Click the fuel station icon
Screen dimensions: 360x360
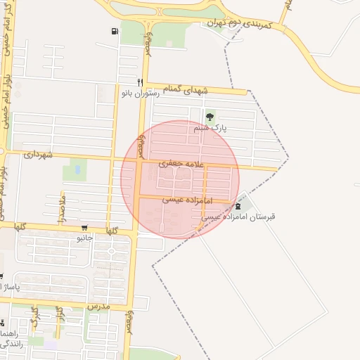pyautogui.click(x=115, y=31)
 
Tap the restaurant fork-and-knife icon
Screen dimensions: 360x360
pyautogui.click(x=141, y=82)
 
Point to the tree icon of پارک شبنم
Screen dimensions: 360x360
pyautogui.click(x=210, y=117)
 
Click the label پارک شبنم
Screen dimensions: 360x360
pyautogui.click(x=211, y=129)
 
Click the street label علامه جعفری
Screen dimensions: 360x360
pyautogui.click(x=182, y=164)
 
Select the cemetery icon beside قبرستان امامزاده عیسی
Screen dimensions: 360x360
pyautogui.click(x=238, y=205)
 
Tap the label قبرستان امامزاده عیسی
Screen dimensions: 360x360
pyautogui.click(x=238, y=217)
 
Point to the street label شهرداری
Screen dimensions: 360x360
pyautogui.click(x=39, y=154)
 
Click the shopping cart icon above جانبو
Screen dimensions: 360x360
pyautogui.click(x=84, y=228)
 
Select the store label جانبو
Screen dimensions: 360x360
pyautogui.click(x=85, y=238)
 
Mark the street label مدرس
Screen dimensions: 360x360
pyautogui.click(x=99, y=307)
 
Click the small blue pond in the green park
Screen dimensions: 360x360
pyautogui.click(x=75, y=169)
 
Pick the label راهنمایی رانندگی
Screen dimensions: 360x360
pyautogui.click(x=11, y=337)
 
